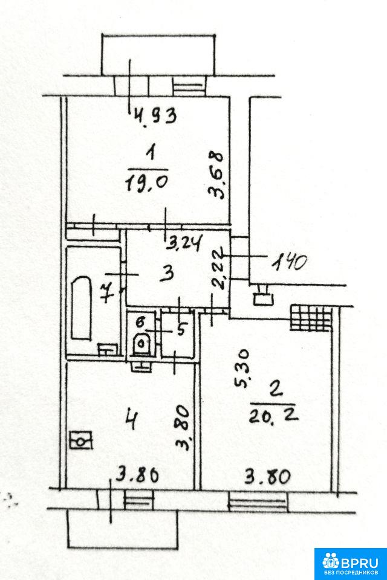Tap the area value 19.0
(148, 182)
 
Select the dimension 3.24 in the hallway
(184, 244)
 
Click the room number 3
(168, 274)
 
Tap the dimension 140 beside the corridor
(289, 263)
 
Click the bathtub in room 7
(82, 308)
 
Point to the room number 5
(181, 329)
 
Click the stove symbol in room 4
(81, 440)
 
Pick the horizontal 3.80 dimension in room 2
(267, 477)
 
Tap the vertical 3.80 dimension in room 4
(184, 428)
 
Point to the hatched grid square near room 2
(311, 317)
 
